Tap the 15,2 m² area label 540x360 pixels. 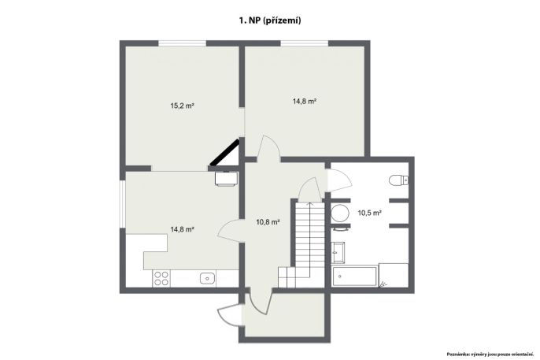182,106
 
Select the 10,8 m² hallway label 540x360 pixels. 268,222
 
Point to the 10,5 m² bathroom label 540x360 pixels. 369,213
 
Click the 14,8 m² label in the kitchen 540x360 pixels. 182,229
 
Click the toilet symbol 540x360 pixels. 398,180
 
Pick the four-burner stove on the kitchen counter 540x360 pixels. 161,278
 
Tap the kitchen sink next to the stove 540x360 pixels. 208,278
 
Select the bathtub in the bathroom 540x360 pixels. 354,276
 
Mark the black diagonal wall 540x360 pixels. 225,152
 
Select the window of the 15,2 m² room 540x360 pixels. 182,43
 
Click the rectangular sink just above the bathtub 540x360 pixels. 338,252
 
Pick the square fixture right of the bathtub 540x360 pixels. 394,275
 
